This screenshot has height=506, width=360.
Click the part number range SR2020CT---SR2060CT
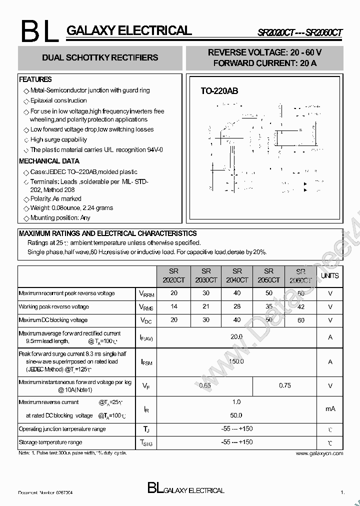(x=300, y=32)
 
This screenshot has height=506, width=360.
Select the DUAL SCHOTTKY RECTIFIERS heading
(x=100, y=57)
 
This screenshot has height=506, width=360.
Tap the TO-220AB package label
(x=219, y=91)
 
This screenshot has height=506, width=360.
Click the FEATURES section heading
(x=35, y=79)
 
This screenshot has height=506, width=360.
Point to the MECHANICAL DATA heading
(x=49, y=161)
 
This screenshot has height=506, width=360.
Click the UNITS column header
(x=329, y=276)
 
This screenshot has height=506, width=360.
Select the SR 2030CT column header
(x=206, y=276)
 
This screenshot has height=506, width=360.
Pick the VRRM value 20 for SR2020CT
(x=174, y=293)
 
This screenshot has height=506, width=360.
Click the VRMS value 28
(x=237, y=306)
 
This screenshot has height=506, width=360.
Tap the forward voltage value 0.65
(x=204, y=385)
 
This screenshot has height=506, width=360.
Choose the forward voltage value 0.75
(x=284, y=385)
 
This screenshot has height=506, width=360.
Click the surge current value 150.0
(x=236, y=361)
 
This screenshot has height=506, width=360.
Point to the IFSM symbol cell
(x=146, y=362)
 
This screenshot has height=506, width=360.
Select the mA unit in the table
(x=330, y=408)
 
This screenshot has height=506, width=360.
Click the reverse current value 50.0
(x=236, y=415)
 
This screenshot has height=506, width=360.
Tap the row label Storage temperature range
(x=50, y=442)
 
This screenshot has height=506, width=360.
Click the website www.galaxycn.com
(x=319, y=453)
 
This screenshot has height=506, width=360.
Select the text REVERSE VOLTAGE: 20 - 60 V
(x=264, y=52)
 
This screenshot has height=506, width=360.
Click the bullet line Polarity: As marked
(x=55, y=198)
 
